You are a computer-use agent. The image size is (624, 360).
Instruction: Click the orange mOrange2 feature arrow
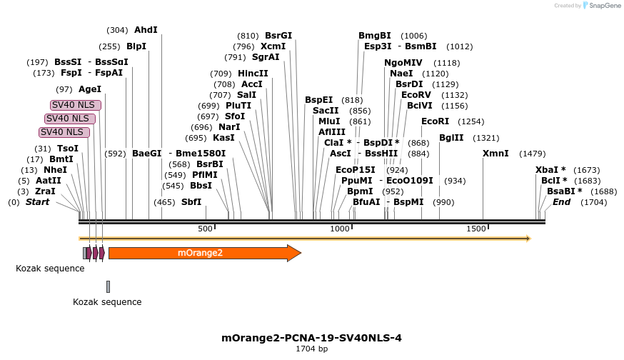204,253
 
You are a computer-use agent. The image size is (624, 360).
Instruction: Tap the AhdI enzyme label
146,30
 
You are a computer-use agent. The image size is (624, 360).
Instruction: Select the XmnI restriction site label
495,154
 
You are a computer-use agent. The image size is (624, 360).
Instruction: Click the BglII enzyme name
451,138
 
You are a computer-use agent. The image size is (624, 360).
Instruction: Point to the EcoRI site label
435,121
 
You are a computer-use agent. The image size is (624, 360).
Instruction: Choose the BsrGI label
278,36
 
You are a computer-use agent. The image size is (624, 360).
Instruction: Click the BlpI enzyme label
136,46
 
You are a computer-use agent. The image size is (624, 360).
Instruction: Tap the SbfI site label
191,202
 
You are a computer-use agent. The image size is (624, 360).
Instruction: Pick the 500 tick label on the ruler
206,229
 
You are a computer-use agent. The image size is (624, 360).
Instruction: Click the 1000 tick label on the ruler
340,229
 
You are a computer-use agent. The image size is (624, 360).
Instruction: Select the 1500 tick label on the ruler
476,229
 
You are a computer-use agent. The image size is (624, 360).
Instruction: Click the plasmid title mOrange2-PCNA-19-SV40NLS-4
312,338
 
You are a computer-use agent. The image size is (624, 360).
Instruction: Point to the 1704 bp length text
312,349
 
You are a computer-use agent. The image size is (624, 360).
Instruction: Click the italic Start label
39,202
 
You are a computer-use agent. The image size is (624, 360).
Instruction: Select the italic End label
562,202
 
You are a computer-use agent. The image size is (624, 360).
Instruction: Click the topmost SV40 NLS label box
75,105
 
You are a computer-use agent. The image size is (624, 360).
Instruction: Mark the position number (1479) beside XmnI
532,154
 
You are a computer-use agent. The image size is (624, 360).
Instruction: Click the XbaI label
550,170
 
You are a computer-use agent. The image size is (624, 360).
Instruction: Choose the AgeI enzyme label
90,89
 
